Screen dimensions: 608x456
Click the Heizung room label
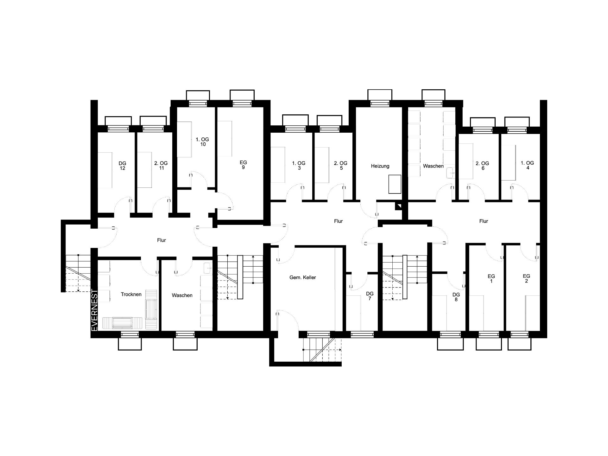(380, 166)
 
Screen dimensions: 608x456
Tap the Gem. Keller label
(303, 277)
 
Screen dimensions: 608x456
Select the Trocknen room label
(131, 294)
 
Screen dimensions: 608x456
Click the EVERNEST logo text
(94, 310)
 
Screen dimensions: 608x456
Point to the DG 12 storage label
(122, 166)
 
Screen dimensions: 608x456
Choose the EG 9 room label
(243, 165)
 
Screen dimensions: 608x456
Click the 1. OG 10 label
(203, 142)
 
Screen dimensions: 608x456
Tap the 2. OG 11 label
(161, 166)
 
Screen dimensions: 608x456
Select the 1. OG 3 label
(299, 166)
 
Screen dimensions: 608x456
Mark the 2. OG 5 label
(341, 166)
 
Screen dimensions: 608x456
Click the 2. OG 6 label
(483, 166)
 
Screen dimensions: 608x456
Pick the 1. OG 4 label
(528, 165)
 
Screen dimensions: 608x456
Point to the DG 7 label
(370, 296)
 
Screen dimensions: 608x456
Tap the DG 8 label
(456, 297)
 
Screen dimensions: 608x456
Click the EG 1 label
(491, 279)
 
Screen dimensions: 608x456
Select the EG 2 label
(526, 278)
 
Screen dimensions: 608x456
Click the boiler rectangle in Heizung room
(395, 184)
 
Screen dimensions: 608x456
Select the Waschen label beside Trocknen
(182, 295)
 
